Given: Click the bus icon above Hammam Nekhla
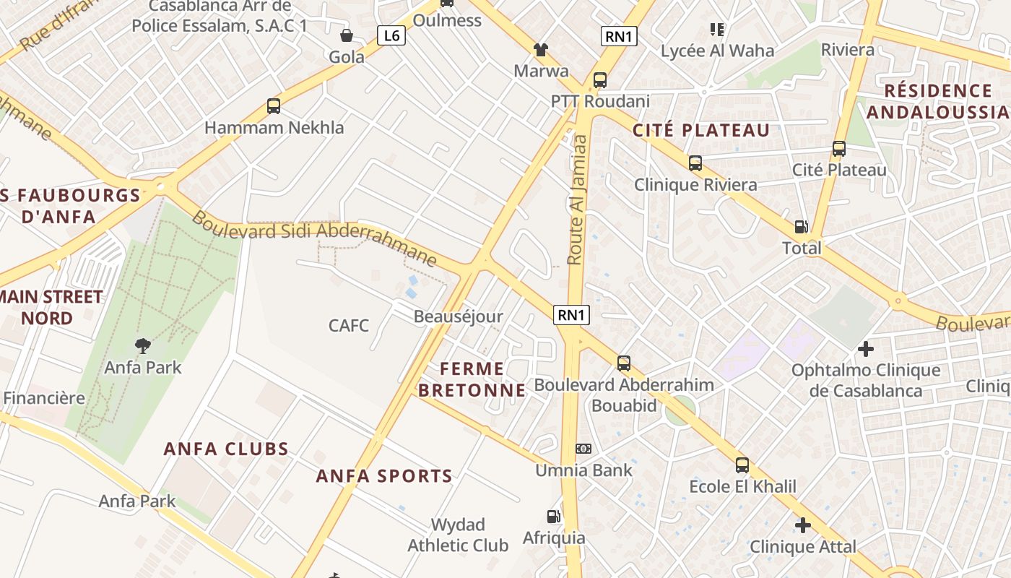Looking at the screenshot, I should pos(273,106).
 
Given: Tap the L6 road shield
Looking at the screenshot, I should pos(391,35).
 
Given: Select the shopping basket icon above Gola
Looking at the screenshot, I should pos(347,35).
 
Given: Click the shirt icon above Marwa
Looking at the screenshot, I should pos(540,50).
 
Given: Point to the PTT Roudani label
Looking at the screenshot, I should pos(600,101).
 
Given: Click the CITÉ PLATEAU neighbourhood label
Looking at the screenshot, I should pos(701,131).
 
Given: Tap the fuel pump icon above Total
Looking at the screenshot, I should pos(802,226).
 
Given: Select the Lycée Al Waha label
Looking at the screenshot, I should pos(717,51).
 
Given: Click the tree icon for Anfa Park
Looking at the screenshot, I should pos(143,346).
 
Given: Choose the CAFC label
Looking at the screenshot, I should pos(349,325).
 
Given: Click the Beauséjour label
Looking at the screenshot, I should pos(458,316).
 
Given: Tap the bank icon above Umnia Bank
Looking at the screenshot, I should pos(583,449).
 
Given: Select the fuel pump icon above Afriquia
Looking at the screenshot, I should pos(553,517).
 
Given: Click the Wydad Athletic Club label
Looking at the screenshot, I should pos(458,535).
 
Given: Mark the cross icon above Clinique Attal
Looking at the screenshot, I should pos(802,525).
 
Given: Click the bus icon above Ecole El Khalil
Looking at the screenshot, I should pos(742,465).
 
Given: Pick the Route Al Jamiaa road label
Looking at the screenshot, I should pos(577,198).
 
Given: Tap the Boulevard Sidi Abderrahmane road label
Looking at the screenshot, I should pos(314,235).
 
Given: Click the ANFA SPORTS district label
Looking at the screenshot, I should pos(384,476).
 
